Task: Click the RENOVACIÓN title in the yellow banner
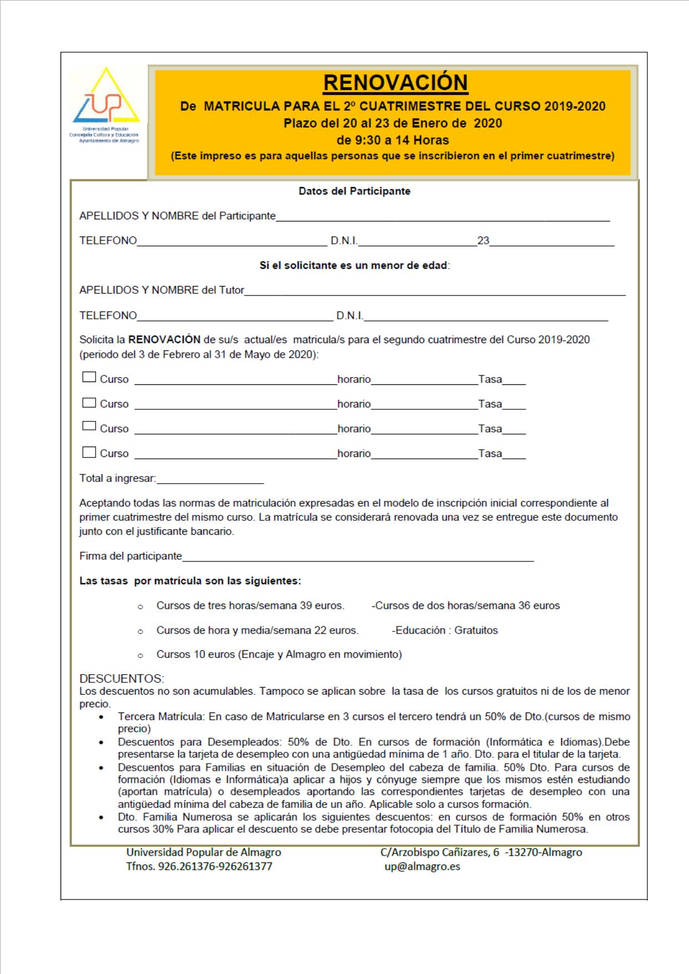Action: pyautogui.click(x=395, y=83)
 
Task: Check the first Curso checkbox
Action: pyautogui.click(x=89, y=378)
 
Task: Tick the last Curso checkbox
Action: pyautogui.click(x=89, y=453)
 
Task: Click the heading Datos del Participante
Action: pyautogui.click(x=355, y=191)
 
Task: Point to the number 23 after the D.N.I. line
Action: pyautogui.click(x=483, y=241)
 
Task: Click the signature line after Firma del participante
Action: pyautogui.click(x=358, y=556)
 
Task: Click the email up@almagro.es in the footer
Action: pyautogui.click(x=422, y=866)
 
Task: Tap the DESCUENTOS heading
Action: pyautogui.click(x=122, y=679)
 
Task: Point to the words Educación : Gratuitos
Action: pyautogui.click(x=446, y=630)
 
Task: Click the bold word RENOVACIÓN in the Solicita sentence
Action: pyautogui.click(x=164, y=339)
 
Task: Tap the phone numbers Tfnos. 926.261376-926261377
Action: pyautogui.click(x=199, y=866)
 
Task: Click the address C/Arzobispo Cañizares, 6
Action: pyautogui.click(x=439, y=852)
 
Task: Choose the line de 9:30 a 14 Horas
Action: pyautogui.click(x=392, y=140)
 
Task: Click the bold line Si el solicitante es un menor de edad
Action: pyautogui.click(x=355, y=265)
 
